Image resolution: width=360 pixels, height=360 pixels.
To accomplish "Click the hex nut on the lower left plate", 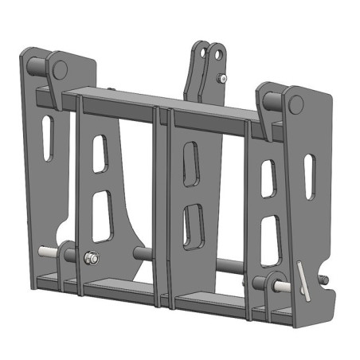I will point(90,257).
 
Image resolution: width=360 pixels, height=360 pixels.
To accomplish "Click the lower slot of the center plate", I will point(193,225).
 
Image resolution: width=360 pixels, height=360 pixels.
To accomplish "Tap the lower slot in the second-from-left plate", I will point(101,215).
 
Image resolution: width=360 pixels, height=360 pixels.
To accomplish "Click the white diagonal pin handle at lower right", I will point(300,280).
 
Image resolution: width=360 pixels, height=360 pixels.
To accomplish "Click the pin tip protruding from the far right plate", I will point(324,280).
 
